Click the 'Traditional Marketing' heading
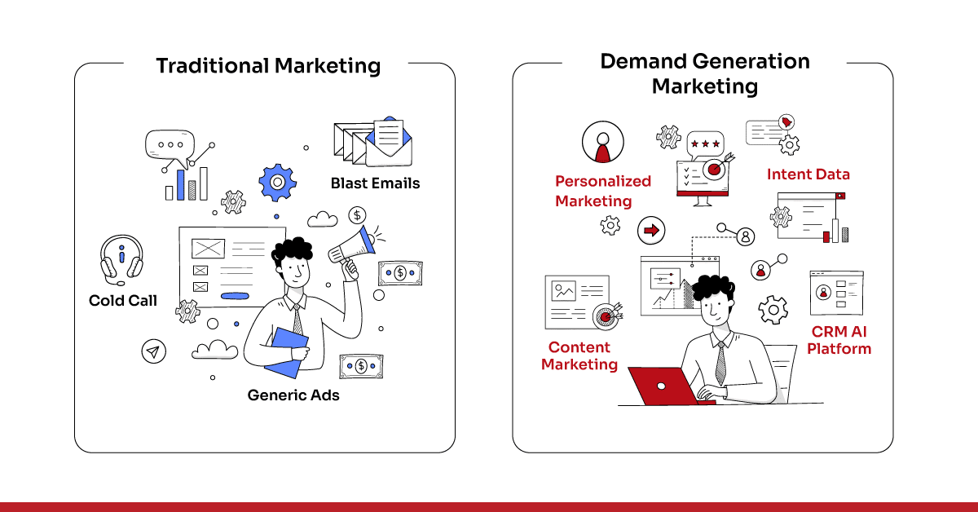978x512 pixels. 268,65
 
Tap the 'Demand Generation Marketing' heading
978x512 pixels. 705,73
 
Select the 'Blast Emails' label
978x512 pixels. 375,183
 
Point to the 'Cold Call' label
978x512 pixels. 123,301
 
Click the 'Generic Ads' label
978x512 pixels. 293,395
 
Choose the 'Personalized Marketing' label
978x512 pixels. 602,191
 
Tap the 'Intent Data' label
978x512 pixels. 808,174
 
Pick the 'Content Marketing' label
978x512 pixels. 579,356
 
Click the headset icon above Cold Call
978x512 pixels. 121,258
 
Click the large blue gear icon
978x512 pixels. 277,183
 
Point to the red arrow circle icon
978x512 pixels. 651,231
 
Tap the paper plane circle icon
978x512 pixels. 152,351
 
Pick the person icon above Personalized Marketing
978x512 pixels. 602,143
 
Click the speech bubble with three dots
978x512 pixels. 170,145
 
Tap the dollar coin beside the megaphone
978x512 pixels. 356,215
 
